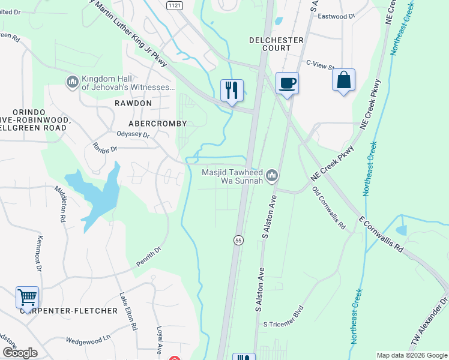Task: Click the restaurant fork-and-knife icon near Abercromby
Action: tap(232, 91)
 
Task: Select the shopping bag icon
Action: tap(343, 81)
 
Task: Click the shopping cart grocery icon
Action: tap(27, 297)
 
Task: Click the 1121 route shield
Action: tap(175, 4)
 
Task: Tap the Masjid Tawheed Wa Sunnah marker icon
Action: tap(272, 175)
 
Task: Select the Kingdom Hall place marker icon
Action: tap(72, 81)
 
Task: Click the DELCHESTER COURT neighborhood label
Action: tap(277, 40)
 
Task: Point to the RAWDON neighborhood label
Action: tap(133, 103)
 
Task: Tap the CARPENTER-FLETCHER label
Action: tap(68, 311)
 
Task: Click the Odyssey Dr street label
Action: tap(133, 134)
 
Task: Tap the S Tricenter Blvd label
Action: tap(285, 324)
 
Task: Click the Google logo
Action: tap(20, 353)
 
